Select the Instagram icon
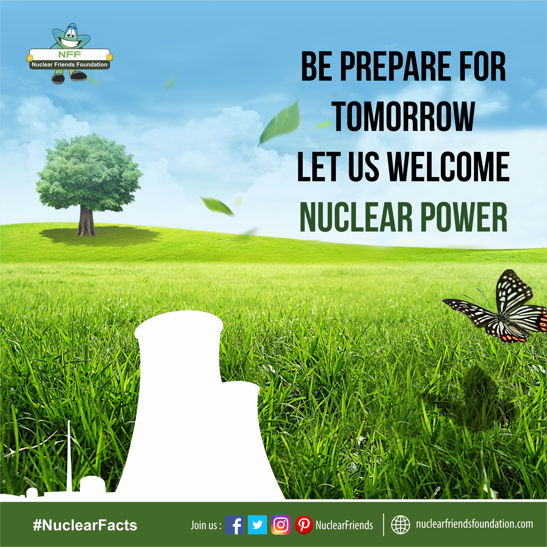(281, 525)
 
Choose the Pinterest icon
(304, 525)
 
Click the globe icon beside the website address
(400, 525)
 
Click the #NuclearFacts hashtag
(85, 525)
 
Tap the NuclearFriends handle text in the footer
(344, 525)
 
